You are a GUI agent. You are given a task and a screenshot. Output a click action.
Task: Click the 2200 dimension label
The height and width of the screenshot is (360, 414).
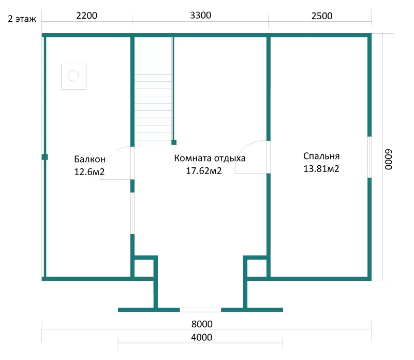(x=86, y=16)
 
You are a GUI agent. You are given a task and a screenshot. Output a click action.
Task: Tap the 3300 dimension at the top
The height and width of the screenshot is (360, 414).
(x=201, y=16)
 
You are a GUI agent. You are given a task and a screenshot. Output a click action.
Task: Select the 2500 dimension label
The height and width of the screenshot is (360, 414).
(x=322, y=16)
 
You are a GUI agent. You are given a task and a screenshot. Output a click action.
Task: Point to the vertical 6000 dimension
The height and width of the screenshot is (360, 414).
(x=389, y=160)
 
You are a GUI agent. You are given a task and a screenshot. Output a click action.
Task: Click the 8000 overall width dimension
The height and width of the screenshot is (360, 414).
(x=202, y=324)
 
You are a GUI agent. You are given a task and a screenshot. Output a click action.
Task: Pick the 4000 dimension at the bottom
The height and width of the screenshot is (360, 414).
(x=202, y=338)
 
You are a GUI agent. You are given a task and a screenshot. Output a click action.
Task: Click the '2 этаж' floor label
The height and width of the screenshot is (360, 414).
(x=22, y=19)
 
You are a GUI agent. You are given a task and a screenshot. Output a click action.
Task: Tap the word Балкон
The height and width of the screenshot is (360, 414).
(x=90, y=159)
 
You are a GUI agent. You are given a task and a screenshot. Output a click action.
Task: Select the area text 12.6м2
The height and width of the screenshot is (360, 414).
(x=90, y=172)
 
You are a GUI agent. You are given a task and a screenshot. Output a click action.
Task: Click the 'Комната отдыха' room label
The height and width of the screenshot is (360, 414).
(x=210, y=158)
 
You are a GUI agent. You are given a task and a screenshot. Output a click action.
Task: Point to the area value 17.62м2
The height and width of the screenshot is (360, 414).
(x=204, y=171)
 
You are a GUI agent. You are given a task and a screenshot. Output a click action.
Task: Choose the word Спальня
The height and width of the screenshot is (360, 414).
(x=321, y=156)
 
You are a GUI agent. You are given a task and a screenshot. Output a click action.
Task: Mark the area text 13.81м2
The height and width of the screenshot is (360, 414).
(x=321, y=169)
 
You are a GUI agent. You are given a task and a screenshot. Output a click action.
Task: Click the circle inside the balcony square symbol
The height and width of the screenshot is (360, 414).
(x=73, y=76)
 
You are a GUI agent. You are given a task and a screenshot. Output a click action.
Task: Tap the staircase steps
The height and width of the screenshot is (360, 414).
(x=153, y=107)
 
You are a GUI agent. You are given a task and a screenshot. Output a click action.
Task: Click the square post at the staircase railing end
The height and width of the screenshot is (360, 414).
(x=174, y=142)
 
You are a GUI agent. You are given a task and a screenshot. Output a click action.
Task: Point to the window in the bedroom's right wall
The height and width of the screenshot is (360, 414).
(x=369, y=157)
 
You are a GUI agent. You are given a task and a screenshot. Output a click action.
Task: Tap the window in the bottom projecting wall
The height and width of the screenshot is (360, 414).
(x=200, y=310)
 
